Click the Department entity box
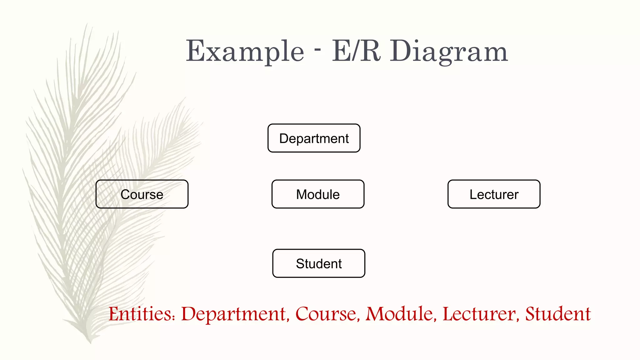(314, 138)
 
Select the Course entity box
(142, 194)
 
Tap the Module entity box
(318, 194)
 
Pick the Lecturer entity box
(494, 194)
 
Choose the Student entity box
(319, 263)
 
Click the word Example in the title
(245, 52)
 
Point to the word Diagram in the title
(449, 52)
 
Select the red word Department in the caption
(234, 314)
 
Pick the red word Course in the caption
(326, 314)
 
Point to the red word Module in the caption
(399, 314)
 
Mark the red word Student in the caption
(558, 314)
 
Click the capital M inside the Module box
(302, 194)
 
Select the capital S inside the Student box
(300, 264)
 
